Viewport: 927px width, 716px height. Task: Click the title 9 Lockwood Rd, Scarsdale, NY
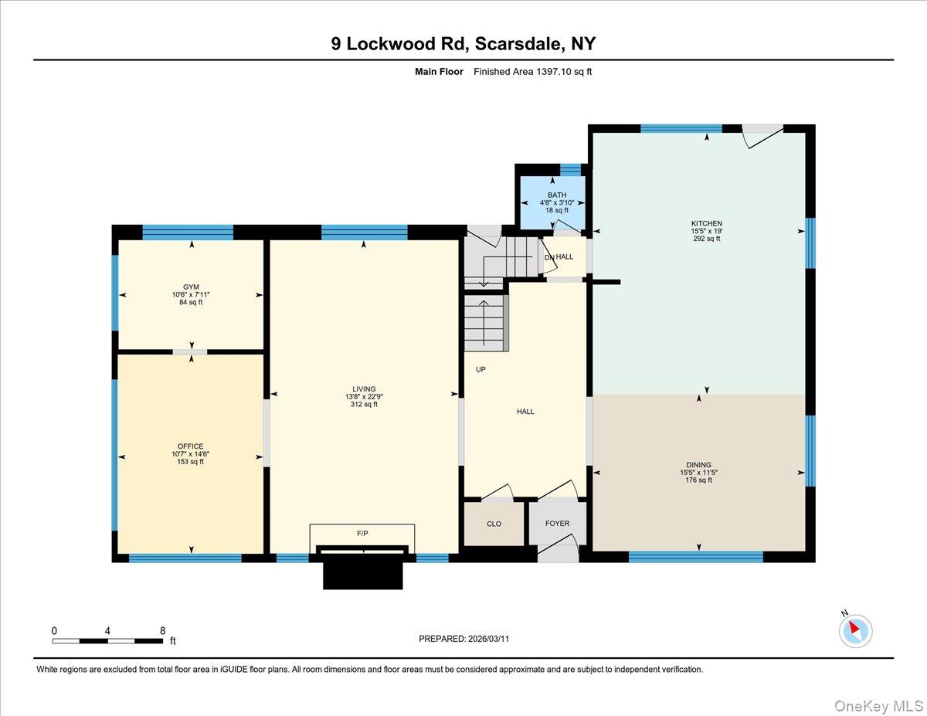(463, 43)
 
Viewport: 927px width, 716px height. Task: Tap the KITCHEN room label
(706, 224)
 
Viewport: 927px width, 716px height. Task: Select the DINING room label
(698, 465)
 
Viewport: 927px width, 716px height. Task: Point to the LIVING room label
(363, 389)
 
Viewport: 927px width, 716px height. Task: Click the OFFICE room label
(190, 446)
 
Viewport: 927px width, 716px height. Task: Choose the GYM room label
(191, 287)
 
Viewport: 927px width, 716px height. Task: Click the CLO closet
(494, 524)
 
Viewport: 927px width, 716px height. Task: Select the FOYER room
(557, 524)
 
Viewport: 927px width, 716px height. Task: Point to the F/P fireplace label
(362, 533)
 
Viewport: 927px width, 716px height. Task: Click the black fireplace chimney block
(362, 572)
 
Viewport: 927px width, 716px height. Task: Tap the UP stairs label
(480, 369)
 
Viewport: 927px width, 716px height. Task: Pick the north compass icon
(855, 629)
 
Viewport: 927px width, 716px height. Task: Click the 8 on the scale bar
(162, 630)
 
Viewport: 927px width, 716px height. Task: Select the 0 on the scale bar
(54, 630)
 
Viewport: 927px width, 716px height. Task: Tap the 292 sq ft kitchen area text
(706, 239)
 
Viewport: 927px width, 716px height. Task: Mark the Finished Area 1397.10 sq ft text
(532, 72)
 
